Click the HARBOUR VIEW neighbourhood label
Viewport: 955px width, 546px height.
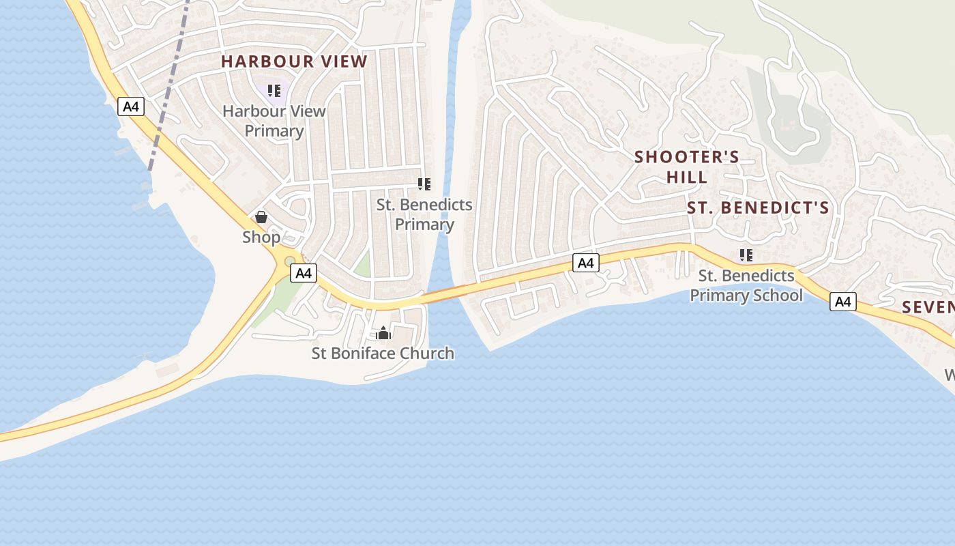point(294,61)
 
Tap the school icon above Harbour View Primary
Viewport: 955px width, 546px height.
point(274,91)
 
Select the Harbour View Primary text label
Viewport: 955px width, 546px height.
point(274,121)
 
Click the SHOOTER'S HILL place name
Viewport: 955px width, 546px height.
point(687,167)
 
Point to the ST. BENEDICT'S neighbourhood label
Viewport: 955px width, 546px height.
point(757,208)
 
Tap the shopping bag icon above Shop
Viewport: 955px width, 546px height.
point(261,218)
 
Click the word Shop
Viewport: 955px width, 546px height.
point(261,238)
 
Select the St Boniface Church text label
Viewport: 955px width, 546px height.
point(383,354)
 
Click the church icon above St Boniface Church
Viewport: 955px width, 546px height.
point(383,333)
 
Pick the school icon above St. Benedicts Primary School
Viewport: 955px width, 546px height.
point(746,256)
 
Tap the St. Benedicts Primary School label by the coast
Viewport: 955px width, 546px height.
point(746,286)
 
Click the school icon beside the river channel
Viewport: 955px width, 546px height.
point(424,184)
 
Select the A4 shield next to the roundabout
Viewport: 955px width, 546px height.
point(304,274)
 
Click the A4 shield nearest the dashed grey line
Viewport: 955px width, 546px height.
point(131,106)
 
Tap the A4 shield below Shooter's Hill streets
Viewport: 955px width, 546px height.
point(586,263)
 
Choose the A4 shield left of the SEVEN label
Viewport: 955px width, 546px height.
point(843,302)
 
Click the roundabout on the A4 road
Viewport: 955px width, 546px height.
point(289,261)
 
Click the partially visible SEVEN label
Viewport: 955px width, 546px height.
point(928,307)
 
